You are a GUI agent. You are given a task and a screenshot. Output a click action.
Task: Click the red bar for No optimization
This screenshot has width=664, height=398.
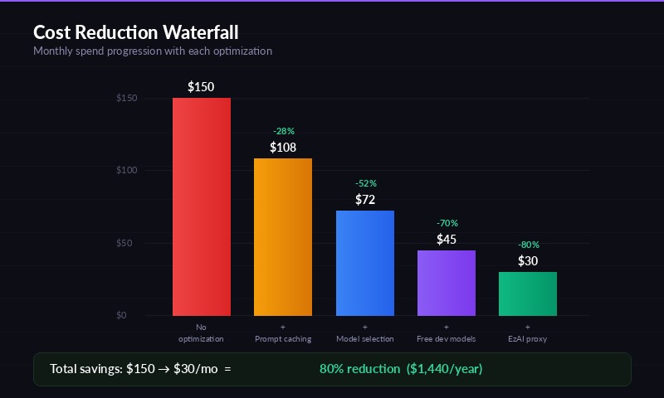[202, 206]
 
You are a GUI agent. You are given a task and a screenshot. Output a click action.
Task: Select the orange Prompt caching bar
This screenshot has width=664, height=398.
[283, 236]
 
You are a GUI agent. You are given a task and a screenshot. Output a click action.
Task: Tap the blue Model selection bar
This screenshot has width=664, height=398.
[364, 263]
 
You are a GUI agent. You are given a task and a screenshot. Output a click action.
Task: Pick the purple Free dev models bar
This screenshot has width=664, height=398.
[447, 283]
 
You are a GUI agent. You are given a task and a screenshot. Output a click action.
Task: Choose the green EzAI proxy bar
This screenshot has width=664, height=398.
[528, 294]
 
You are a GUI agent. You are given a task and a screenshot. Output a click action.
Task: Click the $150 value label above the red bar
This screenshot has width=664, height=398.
[202, 87]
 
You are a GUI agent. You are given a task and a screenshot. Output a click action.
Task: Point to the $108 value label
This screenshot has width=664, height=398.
[283, 148]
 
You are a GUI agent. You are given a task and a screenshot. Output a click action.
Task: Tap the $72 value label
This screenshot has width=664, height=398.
[365, 200]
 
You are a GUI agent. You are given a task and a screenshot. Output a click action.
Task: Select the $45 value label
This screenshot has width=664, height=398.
[447, 240]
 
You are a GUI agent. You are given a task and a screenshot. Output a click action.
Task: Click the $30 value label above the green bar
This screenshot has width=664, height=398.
[528, 261]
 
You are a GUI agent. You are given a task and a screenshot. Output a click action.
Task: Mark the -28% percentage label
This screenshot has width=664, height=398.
[283, 131]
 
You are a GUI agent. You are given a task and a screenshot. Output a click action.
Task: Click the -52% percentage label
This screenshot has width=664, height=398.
[365, 183]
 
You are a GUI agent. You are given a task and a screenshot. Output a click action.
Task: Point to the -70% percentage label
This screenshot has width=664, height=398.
[447, 223]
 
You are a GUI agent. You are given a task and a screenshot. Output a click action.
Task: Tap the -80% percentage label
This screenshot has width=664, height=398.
[528, 245]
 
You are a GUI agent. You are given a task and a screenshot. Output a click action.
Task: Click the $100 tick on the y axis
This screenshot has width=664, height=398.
[126, 170]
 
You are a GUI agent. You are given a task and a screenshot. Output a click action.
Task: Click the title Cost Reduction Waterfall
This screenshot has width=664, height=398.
[135, 32]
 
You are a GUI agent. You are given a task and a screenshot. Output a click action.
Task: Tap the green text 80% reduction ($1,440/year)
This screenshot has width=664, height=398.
[401, 369]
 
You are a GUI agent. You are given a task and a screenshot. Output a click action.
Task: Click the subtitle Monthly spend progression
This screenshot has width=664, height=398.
[152, 51]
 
